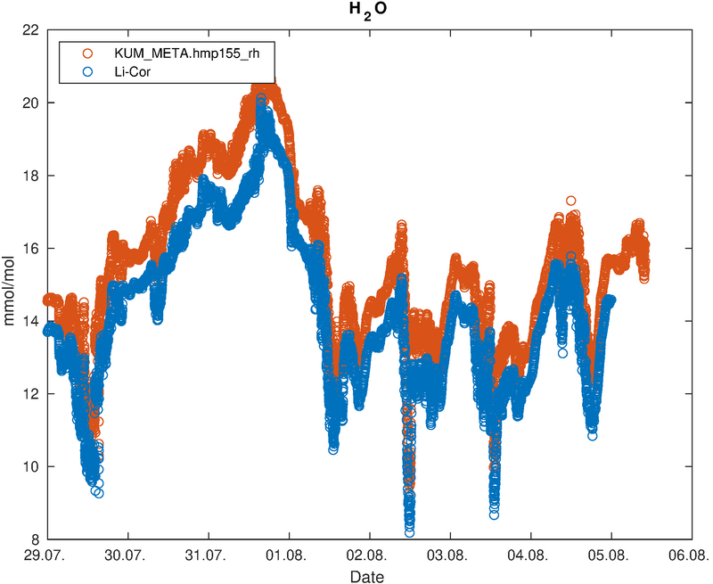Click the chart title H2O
click(368, 10)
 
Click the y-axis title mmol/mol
click(9, 291)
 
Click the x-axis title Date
click(367, 577)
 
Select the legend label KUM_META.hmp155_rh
click(187, 53)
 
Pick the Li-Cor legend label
click(132, 71)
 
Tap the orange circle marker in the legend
click(86, 53)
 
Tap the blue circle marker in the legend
click(86, 71)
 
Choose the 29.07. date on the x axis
click(48, 555)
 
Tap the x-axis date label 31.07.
click(209, 555)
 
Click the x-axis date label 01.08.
click(289, 555)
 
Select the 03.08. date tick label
click(450, 555)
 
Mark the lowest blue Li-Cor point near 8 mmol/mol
click(409, 532)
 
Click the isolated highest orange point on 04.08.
click(570, 201)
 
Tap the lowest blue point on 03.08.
click(494, 514)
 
